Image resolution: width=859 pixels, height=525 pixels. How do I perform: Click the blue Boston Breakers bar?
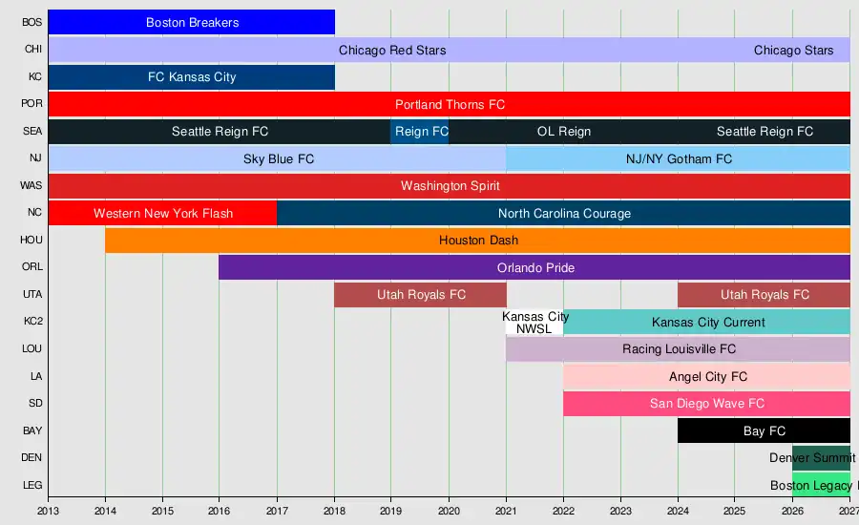(191, 23)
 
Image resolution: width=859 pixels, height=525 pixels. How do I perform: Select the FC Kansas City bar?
(191, 76)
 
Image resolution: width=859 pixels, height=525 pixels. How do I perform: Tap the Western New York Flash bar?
(162, 213)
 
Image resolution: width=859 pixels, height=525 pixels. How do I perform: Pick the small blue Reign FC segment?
(420, 132)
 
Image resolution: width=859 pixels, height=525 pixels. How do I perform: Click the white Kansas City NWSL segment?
(534, 323)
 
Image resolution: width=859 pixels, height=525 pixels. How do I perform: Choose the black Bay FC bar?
(764, 430)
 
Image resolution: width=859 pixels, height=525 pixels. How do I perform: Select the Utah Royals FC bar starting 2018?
(420, 295)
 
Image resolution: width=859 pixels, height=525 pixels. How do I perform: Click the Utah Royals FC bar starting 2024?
(764, 295)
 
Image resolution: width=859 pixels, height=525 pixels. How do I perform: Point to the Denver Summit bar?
(821, 457)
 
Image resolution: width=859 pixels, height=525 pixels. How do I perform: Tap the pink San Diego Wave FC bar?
(706, 404)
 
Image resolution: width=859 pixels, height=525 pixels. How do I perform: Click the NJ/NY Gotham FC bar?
(679, 158)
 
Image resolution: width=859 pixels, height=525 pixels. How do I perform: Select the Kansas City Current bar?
(706, 323)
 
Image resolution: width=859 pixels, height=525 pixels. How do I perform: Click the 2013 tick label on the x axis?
(49, 512)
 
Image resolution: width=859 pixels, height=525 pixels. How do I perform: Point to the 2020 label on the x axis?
(449, 512)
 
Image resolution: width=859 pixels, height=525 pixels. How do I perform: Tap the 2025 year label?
(735, 512)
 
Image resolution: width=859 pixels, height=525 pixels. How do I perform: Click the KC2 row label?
(32, 321)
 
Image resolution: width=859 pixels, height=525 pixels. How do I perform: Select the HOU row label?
(31, 240)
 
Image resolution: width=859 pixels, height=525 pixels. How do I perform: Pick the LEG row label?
(32, 485)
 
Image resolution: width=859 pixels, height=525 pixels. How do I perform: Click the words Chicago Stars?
(793, 51)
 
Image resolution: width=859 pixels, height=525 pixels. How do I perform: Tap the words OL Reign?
(564, 132)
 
